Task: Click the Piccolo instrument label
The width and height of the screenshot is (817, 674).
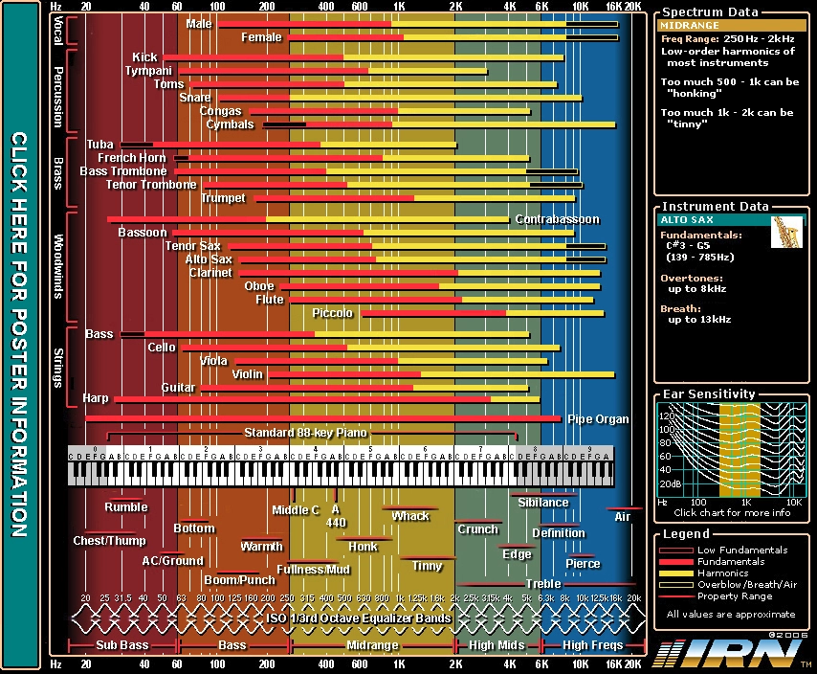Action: (x=332, y=313)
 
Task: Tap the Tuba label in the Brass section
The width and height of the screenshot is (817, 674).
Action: (x=99, y=145)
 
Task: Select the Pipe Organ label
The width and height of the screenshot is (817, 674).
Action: (x=598, y=419)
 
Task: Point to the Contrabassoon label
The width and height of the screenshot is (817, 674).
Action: (x=557, y=219)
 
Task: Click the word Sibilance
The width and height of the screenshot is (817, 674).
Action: (x=542, y=502)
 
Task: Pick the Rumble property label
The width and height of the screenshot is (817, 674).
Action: (x=126, y=507)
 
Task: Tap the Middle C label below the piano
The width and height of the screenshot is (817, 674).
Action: (x=296, y=510)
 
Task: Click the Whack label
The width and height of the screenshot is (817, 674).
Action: (x=410, y=516)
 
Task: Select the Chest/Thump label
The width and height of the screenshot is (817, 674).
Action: (x=110, y=541)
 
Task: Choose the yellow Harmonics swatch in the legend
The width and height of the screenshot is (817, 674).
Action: (x=674, y=573)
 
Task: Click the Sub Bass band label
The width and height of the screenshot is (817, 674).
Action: (x=122, y=645)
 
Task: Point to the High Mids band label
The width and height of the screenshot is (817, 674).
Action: (x=497, y=645)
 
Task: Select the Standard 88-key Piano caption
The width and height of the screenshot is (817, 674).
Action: (x=305, y=433)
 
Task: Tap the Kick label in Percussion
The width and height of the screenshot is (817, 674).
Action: (x=145, y=57)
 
